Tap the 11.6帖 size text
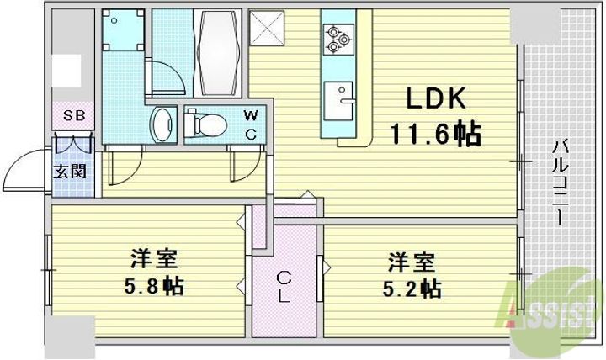tap(434, 134)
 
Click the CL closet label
tap(284, 287)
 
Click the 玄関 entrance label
tap(67, 173)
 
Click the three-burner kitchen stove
tap(338, 37)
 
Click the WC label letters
tap(252, 124)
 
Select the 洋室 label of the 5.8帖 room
tap(152, 257)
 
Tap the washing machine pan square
tap(122, 32)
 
